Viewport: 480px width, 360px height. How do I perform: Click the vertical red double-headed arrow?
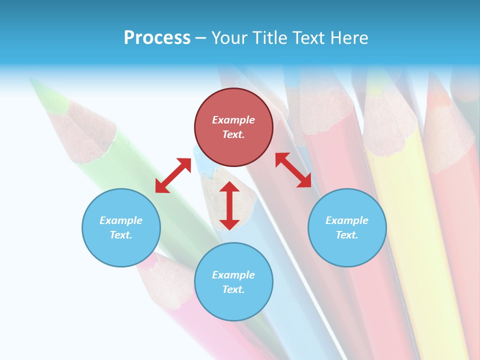(229, 205)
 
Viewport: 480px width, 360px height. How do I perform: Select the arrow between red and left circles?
(173, 175)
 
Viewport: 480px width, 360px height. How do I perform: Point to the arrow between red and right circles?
(293, 170)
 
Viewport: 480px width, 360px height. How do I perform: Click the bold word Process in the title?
(157, 38)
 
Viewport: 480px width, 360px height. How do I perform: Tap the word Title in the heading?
(270, 38)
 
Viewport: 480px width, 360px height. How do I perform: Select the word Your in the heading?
(229, 38)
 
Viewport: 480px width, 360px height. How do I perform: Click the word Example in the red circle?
(233, 120)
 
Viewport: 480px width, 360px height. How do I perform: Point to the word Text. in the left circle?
(121, 235)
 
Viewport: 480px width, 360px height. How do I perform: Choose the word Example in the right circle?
(347, 220)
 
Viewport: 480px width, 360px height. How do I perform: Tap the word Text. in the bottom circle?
(233, 289)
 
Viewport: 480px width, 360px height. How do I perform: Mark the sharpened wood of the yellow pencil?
(390, 125)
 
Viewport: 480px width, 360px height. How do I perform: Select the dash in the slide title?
(201, 38)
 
